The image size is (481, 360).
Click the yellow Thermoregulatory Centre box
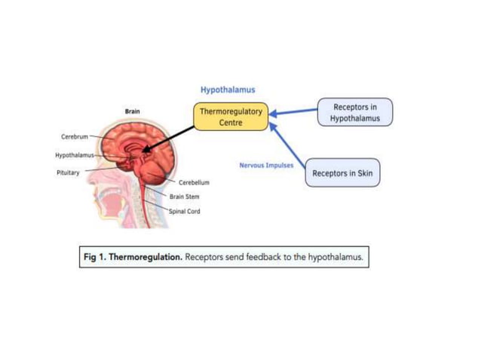[x=231, y=117]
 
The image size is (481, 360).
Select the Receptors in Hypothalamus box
[x=355, y=113]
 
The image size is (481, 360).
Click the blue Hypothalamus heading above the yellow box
[x=228, y=90]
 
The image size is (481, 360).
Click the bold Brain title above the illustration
[x=132, y=111]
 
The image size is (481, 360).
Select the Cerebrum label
[x=75, y=137]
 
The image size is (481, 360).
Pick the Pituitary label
[x=68, y=172]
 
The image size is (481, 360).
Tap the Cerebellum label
[x=194, y=182]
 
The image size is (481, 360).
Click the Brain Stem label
[x=185, y=197]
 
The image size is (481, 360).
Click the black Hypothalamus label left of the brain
[x=73, y=155]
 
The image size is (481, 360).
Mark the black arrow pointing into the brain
[x=169, y=140]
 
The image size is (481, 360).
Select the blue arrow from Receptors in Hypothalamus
[x=294, y=113]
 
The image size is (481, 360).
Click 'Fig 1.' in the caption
[x=95, y=258]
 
